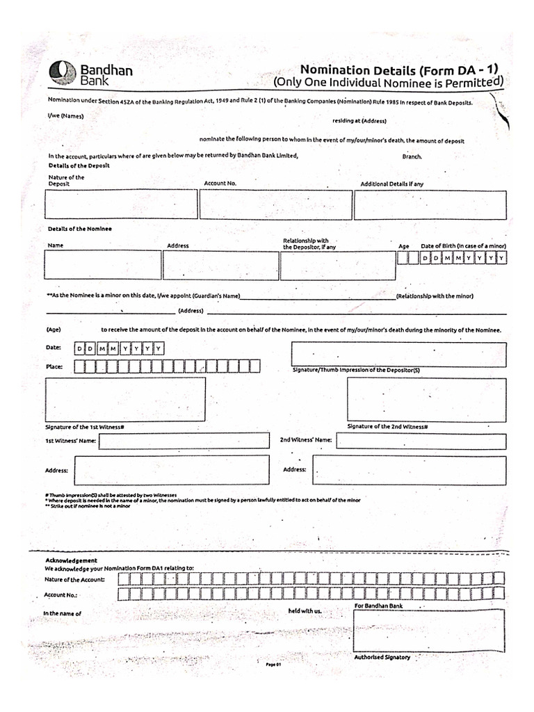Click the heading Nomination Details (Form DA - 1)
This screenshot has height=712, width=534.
pos(399,70)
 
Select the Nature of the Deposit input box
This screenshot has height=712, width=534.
pos(121,204)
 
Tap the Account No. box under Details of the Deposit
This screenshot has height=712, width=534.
pos(275,204)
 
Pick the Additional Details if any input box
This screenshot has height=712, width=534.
pos(430,204)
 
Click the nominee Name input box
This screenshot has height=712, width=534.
pos(103,265)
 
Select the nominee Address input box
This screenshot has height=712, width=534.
pos(220,265)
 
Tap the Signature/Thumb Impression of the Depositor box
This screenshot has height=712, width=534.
pos(398,353)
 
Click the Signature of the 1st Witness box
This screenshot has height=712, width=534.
pos(125,398)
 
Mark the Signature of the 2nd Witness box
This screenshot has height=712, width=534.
pos(426,399)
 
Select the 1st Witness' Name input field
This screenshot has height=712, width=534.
pos(184,441)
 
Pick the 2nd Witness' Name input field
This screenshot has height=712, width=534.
pos(421,441)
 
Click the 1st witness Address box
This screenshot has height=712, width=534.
pos(171,470)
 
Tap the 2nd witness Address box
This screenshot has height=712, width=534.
pos(409,471)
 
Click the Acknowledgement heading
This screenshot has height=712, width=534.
pos(72,560)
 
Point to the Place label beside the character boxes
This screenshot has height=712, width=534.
pos(55,366)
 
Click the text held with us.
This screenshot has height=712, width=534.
pos(305,610)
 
